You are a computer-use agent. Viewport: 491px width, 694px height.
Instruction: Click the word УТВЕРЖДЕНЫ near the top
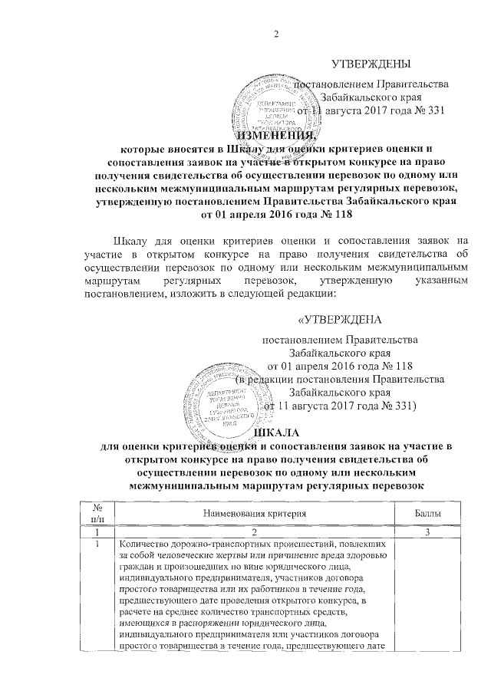pyautogui.click(x=371, y=63)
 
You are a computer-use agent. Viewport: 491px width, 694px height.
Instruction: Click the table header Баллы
pyautogui.click(x=425, y=511)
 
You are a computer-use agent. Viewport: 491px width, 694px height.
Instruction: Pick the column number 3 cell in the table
pyautogui.click(x=425, y=531)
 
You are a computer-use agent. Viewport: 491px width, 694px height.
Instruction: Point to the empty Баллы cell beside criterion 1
pyautogui.click(x=425, y=598)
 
